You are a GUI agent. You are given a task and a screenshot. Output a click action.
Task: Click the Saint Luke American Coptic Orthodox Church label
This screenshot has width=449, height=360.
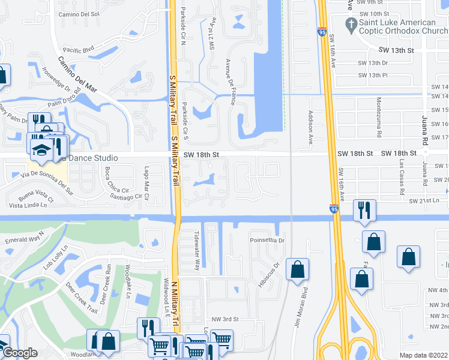point(400,27)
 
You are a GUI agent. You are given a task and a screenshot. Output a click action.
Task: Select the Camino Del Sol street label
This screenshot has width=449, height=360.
point(79,13)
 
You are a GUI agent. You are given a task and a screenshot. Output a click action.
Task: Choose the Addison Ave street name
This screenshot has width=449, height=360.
point(311,127)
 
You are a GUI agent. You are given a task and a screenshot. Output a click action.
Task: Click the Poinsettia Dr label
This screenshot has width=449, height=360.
point(267,240)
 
